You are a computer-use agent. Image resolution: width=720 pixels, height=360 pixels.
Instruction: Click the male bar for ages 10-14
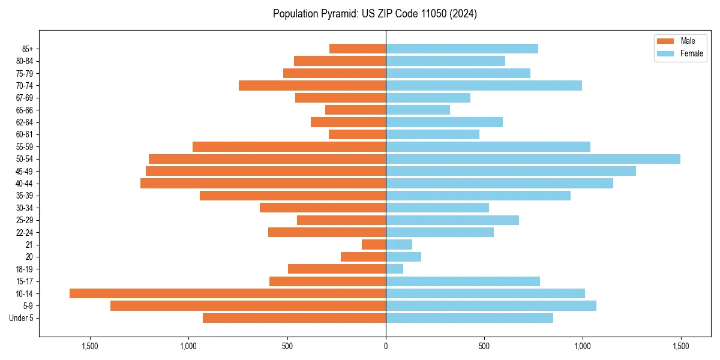pos(227,293)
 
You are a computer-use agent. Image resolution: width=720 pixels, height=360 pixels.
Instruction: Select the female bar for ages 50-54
pos(533,159)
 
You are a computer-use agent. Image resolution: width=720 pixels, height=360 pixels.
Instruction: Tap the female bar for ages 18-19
pos(394,269)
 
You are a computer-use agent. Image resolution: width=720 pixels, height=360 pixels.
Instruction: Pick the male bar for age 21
pos(374,244)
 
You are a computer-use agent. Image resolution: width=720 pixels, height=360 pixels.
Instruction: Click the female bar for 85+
pos(462,49)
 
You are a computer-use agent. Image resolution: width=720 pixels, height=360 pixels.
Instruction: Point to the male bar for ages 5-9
pos(248,306)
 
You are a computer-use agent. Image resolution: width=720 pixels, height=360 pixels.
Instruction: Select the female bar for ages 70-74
pos(484,85)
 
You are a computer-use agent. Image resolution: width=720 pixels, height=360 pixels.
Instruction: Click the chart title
pos(374,14)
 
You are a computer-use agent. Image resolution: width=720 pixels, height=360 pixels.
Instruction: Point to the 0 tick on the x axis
pos(386,346)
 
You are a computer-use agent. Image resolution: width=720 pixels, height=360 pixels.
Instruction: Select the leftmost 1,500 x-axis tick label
pos(90,346)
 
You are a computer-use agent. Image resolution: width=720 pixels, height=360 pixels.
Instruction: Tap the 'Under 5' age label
pos(21,318)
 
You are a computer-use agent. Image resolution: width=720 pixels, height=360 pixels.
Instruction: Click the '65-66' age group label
pos(25,110)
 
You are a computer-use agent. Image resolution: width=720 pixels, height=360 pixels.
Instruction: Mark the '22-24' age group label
pos(25,232)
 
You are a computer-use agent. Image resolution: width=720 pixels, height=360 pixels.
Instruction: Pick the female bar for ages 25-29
pos(452,220)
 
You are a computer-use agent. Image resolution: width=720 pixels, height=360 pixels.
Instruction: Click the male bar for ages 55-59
pos(289,146)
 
